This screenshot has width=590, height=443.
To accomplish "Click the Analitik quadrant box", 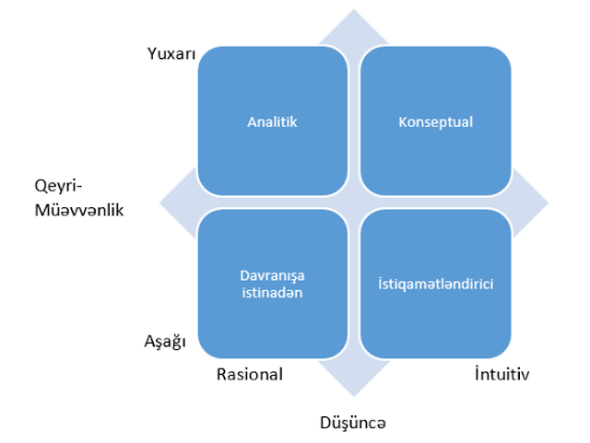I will click(x=273, y=122).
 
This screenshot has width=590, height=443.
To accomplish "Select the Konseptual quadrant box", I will click(x=435, y=122).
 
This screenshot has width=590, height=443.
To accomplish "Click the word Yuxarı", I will click(x=172, y=54).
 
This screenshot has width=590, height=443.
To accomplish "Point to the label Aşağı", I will click(x=166, y=342).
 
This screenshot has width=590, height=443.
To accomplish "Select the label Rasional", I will click(x=249, y=374).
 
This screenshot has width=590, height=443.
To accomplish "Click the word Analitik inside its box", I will click(x=273, y=122).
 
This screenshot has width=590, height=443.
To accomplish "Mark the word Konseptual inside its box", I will click(x=435, y=122).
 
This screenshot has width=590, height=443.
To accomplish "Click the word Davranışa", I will click(x=273, y=274).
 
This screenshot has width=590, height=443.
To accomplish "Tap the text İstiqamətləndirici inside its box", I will click(x=435, y=284).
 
